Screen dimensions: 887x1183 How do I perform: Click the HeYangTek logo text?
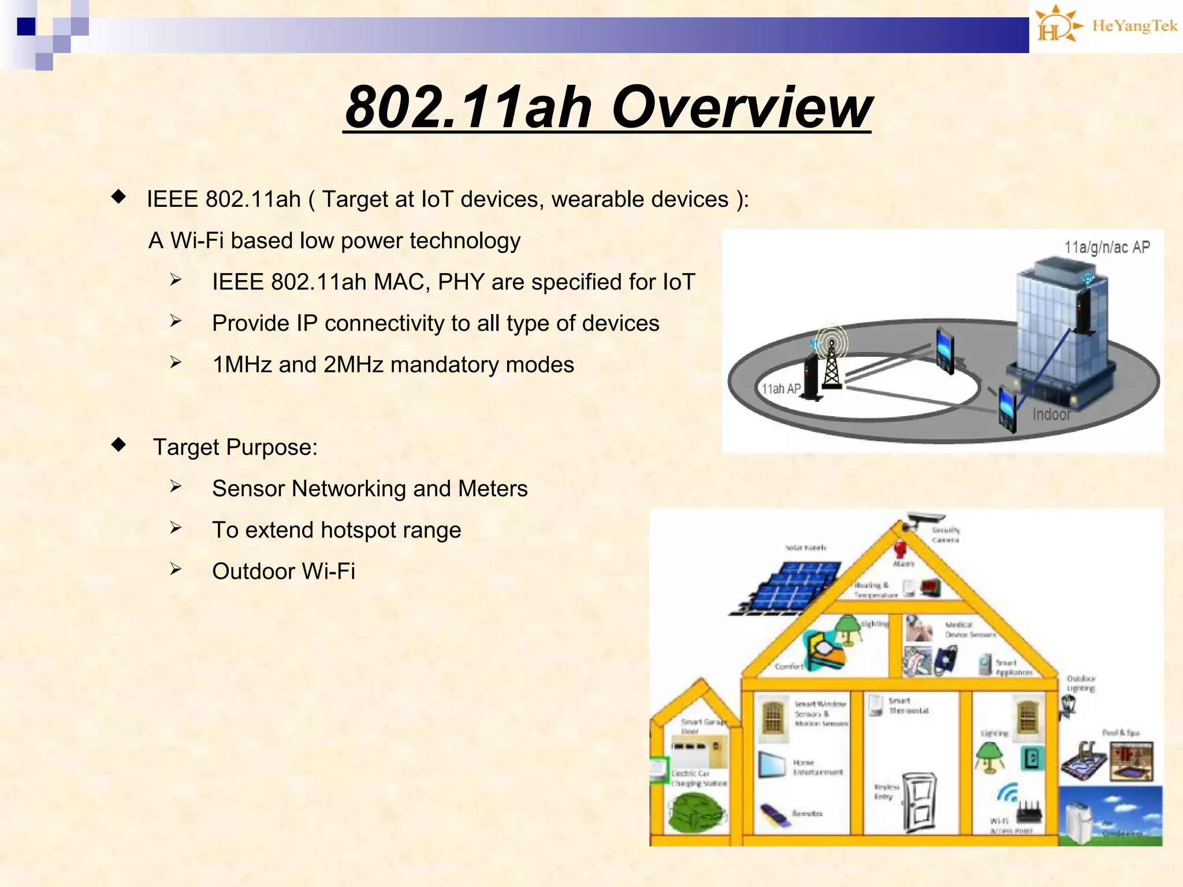click(x=1134, y=26)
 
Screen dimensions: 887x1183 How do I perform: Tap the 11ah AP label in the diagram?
click(x=780, y=389)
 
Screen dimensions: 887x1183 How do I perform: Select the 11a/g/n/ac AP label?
click(x=1107, y=247)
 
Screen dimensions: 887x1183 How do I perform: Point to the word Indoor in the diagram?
click(x=1051, y=414)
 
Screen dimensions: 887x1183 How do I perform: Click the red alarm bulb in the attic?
click(x=900, y=549)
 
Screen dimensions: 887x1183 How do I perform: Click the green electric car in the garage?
click(x=695, y=812)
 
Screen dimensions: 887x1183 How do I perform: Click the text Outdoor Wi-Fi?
click(x=284, y=571)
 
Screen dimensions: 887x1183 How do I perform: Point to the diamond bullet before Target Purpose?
click(x=119, y=445)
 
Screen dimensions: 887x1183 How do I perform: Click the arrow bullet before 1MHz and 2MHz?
click(x=176, y=363)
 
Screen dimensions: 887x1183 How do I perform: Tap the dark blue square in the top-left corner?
click(x=26, y=27)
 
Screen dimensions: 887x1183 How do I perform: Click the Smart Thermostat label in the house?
click(x=908, y=706)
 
